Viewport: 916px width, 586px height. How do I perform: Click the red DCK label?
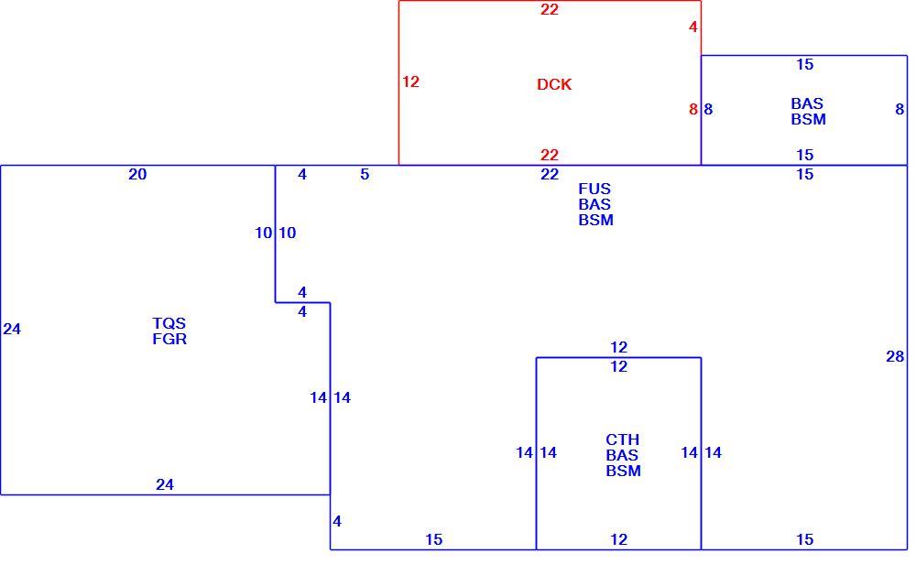554,84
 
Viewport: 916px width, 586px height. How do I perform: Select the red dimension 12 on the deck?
410,81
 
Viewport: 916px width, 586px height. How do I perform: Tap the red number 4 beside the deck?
692,27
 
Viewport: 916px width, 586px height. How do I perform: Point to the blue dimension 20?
137,175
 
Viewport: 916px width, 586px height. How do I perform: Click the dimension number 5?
365,175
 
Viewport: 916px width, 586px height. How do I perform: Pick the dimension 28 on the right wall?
895,356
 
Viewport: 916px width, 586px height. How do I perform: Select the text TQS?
169,323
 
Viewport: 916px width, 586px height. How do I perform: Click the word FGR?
169,339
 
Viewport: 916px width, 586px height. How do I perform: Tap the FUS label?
594,190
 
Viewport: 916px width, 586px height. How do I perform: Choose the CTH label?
622,439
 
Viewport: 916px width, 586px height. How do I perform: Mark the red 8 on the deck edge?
692,109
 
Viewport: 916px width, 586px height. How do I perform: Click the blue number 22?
549,175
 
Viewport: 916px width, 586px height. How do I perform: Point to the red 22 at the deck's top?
549,9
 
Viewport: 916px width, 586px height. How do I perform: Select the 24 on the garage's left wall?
12,330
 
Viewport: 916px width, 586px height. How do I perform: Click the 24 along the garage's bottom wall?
165,484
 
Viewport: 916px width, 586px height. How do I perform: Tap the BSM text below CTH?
623,471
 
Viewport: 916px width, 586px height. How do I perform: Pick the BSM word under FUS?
596,221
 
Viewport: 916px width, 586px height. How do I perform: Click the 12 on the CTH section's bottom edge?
618,539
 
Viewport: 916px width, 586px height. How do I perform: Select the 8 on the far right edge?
900,109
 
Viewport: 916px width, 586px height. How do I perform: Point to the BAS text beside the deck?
807,103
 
